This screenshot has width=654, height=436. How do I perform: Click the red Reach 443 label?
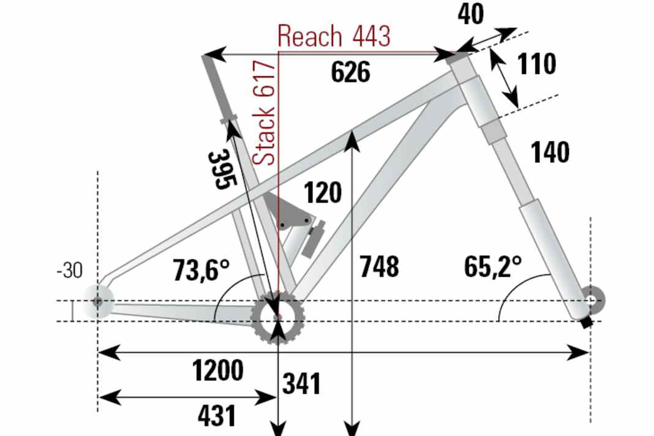pyautogui.click(x=334, y=36)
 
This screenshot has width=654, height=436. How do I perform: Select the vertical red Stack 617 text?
pyautogui.click(x=265, y=113)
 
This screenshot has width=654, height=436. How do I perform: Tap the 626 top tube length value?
pyautogui.click(x=351, y=72)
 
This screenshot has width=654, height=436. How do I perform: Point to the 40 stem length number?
pyautogui.click(x=471, y=14)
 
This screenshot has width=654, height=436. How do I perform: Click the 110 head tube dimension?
pyautogui.click(x=536, y=64)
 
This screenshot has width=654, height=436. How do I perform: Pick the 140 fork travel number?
pyautogui.click(x=550, y=152)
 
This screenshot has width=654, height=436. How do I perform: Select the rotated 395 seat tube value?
pyautogui.click(x=222, y=169)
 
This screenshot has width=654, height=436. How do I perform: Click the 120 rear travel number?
pyautogui.click(x=323, y=192)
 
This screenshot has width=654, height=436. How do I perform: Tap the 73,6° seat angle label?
pyautogui.click(x=201, y=270)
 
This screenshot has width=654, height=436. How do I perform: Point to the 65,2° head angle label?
pyautogui.click(x=493, y=266)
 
